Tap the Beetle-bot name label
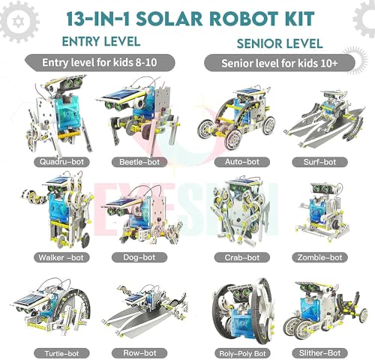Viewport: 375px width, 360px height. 139,160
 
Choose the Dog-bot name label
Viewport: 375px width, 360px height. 139,257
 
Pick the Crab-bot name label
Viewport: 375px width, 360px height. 235,257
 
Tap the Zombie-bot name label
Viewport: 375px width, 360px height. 323,257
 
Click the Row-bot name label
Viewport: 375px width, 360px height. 139,352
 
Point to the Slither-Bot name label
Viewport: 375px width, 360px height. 323,352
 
